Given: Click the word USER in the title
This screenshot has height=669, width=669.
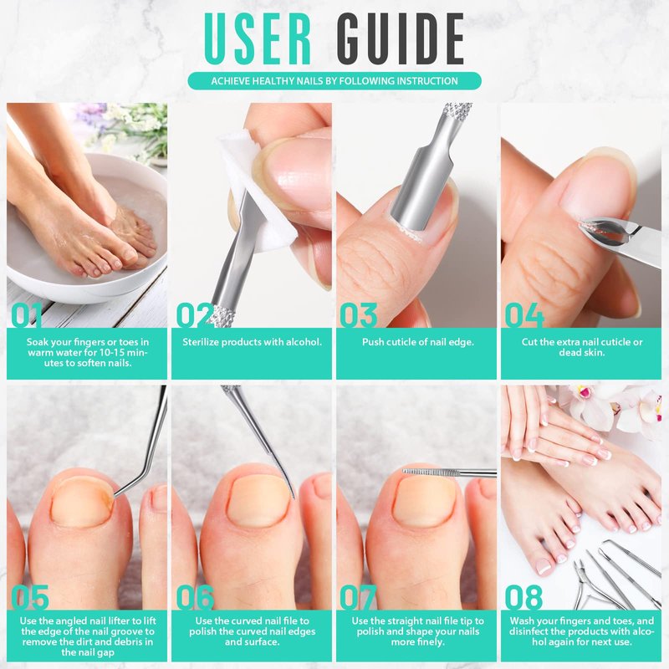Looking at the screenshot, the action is [258, 38].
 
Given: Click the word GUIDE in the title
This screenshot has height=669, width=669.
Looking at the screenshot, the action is [401, 38].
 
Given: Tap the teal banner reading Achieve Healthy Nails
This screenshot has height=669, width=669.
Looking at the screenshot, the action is [334, 80].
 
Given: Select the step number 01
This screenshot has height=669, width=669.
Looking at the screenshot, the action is [27, 315].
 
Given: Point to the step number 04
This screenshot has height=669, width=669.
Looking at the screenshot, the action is [524, 315].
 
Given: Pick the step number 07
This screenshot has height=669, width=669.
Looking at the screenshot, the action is [359, 597].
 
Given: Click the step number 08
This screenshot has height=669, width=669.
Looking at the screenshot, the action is [523, 597].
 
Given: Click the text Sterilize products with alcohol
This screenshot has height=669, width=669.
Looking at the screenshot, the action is [252, 342].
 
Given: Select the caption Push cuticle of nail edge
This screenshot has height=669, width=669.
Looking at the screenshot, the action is [417, 342].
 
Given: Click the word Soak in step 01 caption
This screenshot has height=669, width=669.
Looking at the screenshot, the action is [38, 342].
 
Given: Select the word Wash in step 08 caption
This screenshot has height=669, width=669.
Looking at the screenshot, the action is [522, 620].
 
